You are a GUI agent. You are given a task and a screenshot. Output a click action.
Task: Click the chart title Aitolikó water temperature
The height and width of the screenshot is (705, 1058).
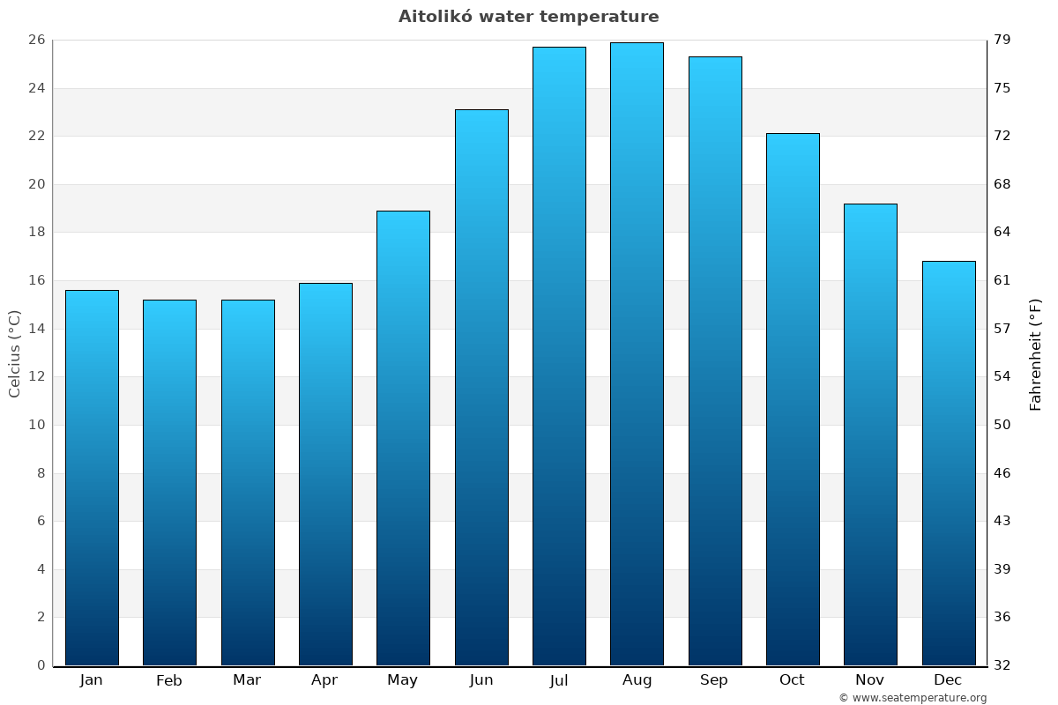[x=528, y=17]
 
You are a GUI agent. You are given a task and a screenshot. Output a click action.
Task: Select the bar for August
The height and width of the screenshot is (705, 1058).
[x=637, y=352]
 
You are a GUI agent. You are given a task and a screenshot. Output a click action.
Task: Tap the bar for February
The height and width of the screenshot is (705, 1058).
[x=169, y=482]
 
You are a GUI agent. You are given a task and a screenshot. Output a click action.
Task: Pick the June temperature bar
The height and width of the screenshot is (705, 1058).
[x=481, y=388]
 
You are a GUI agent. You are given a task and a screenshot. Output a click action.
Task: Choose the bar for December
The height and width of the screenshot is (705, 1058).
[x=949, y=463]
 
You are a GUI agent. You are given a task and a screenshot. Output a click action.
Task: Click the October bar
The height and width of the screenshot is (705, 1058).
[x=793, y=399]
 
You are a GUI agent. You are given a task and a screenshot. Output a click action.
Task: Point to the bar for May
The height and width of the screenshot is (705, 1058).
[x=403, y=438]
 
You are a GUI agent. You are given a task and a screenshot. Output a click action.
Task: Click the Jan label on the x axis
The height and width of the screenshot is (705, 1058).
[x=91, y=680]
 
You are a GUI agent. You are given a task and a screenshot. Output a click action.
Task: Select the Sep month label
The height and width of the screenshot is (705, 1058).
[x=714, y=680]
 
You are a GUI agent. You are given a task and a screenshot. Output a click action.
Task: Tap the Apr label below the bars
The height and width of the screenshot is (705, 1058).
[x=324, y=680]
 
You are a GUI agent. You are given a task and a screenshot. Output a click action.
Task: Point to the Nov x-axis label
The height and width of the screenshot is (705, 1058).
[x=870, y=680]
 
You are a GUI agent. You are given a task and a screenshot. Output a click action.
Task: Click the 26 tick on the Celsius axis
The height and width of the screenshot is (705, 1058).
[x=36, y=41]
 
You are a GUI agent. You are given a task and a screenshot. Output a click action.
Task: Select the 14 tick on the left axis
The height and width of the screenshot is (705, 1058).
[x=36, y=329]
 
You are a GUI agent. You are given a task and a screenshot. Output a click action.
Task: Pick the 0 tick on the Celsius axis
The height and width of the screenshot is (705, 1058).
[x=41, y=665]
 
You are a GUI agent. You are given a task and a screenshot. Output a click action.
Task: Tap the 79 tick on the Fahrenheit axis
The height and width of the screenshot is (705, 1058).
[x=1003, y=41]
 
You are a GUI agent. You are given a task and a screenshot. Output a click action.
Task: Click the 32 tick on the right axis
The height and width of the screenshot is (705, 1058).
[x=1003, y=665]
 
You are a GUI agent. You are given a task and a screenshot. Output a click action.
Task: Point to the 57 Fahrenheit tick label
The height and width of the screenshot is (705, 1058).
[x=1003, y=329]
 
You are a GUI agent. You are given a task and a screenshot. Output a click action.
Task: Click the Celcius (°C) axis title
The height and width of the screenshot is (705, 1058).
[x=14, y=353]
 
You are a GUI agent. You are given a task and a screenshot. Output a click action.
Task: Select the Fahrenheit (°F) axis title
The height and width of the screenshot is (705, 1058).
[x=1036, y=353]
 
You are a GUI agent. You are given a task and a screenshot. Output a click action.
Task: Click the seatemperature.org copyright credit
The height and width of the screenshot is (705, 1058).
[x=913, y=698]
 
